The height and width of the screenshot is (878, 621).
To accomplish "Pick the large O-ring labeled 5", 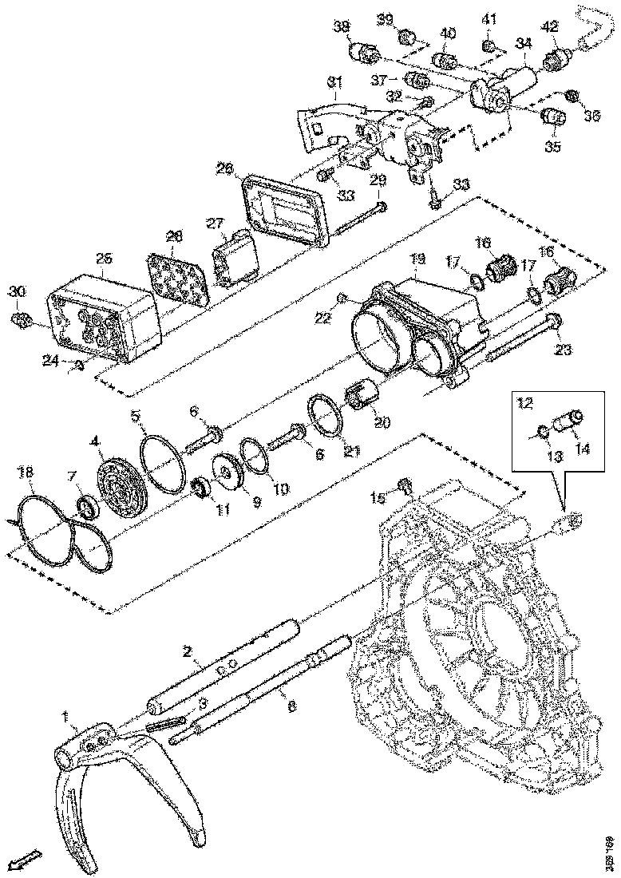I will tap(165, 464).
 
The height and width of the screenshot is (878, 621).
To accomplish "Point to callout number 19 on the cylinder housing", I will tap(418, 259).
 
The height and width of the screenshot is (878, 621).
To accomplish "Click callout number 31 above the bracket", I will tap(334, 82).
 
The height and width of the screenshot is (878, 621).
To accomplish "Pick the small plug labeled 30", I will tap(20, 320).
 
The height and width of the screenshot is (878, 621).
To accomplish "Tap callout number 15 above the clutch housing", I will tap(378, 497).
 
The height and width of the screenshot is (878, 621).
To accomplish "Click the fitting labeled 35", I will tap(552, 117).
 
